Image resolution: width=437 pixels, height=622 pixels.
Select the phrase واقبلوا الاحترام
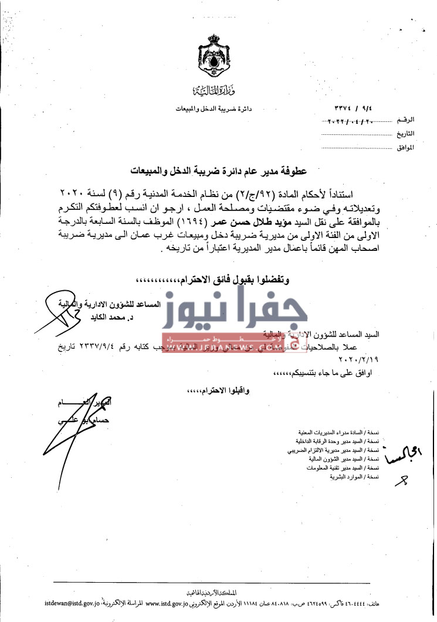212,389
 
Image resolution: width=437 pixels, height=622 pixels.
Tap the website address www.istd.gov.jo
170,602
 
